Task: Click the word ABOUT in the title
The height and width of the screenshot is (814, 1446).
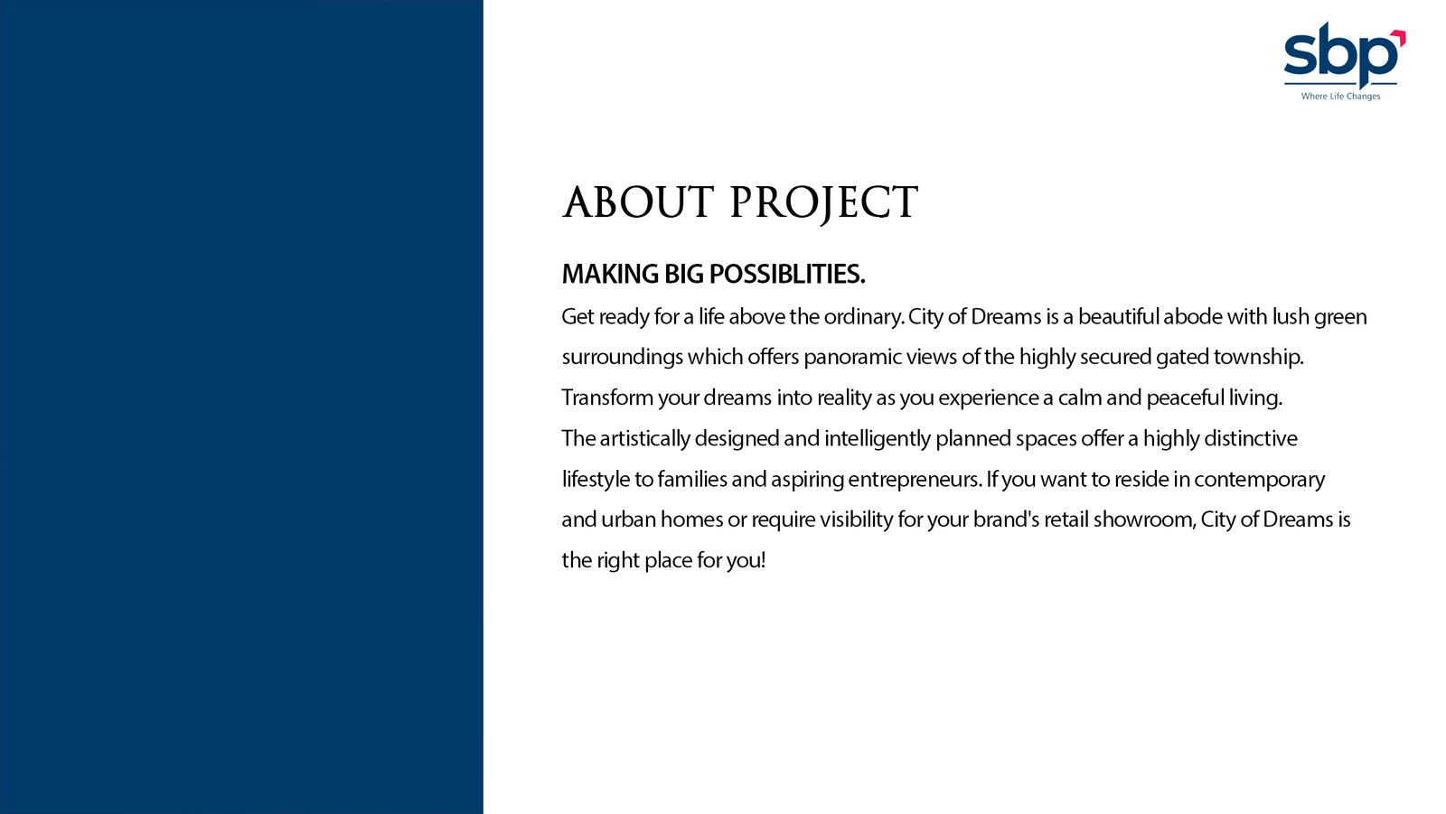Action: tap(638, 202)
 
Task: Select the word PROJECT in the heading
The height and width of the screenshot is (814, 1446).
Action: tap(823, 205)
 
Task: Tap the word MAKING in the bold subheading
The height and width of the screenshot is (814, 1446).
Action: tap(610, 275)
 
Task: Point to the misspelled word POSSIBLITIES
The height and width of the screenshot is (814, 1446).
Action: tap(787, 275)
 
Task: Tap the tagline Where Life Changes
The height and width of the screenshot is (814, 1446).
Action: tap(1341, 96)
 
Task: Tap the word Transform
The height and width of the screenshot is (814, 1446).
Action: tap(607, 398)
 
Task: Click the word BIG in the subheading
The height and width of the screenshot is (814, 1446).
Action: tap(684, 275)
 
